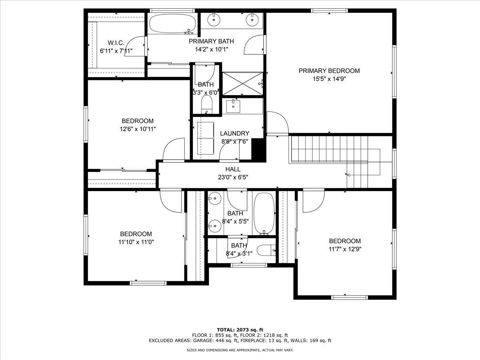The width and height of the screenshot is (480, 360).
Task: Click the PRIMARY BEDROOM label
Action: click(329, 71)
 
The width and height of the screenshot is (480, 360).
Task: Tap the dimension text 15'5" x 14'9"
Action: click(329, 79)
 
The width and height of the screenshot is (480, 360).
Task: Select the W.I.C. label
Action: click(116, 43)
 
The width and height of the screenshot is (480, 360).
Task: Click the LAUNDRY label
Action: click(235, 133)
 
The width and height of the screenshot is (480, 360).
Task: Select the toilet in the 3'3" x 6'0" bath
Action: click(206, 105)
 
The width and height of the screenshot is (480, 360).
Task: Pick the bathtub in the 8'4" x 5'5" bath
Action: click(264, 214)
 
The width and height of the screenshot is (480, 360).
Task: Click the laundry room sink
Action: click(233, 106)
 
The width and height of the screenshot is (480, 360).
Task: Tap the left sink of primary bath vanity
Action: click(215, 18)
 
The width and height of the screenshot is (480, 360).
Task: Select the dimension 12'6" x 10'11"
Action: click(138, 129)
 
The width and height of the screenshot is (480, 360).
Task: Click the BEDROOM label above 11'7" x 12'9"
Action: click(344, 241)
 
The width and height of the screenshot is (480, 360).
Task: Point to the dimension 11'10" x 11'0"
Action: click(136, 242)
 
